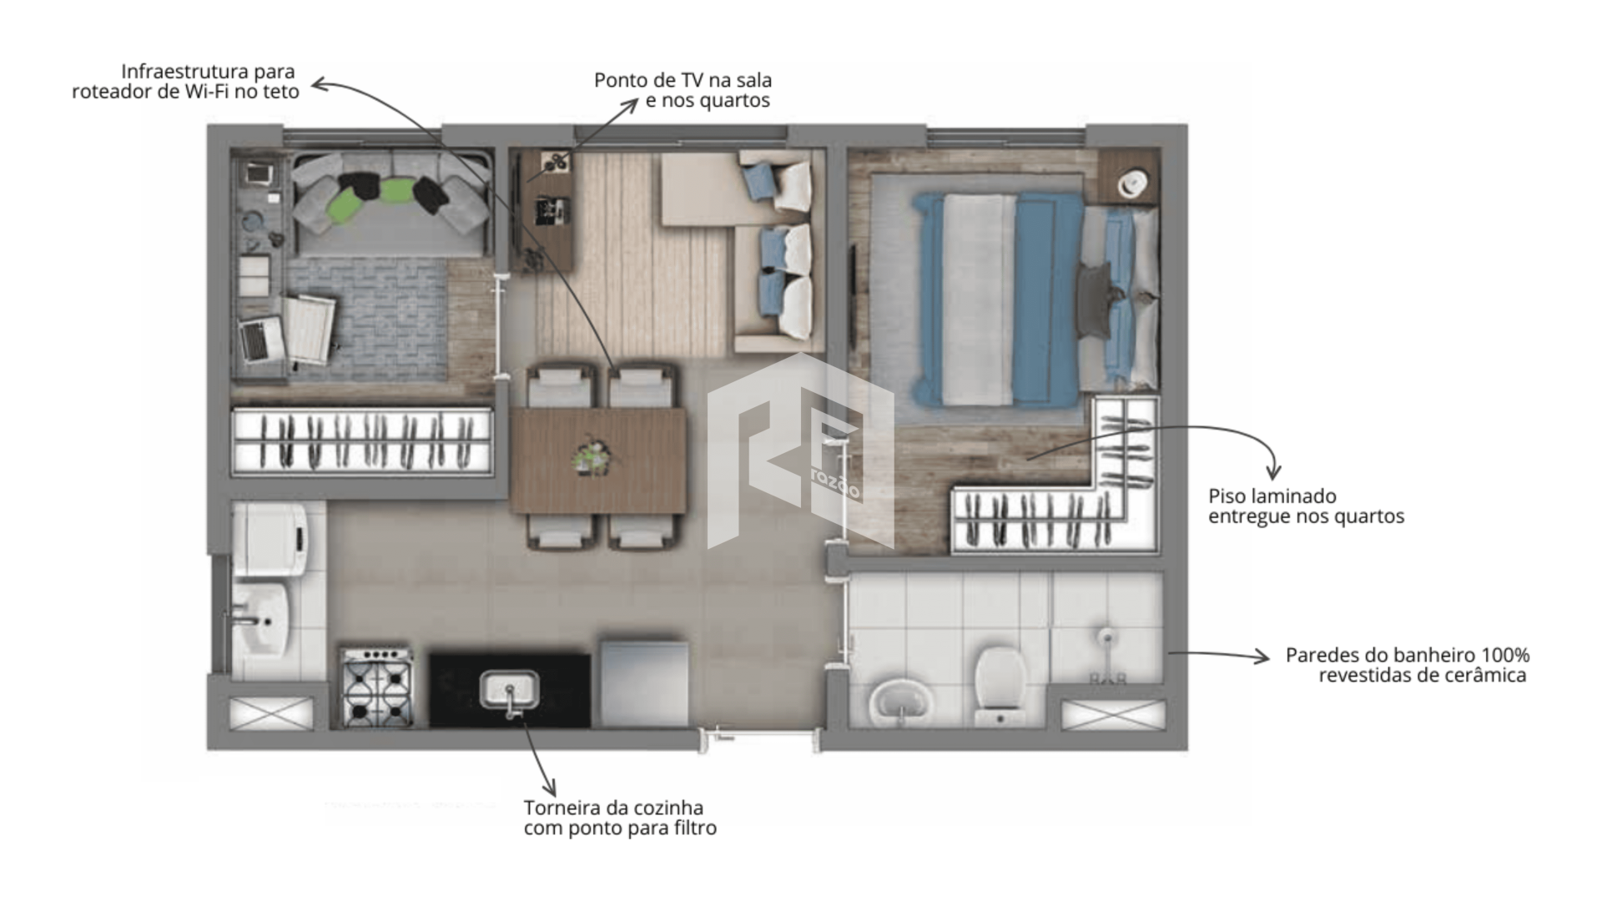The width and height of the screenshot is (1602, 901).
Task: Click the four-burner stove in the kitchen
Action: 377,686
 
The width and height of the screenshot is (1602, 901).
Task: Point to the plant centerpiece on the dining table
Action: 596,457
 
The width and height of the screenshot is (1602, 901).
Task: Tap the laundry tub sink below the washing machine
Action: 260,619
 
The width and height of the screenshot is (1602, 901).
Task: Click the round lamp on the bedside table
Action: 1135,184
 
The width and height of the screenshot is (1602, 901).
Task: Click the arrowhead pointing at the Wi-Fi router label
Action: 319,83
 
